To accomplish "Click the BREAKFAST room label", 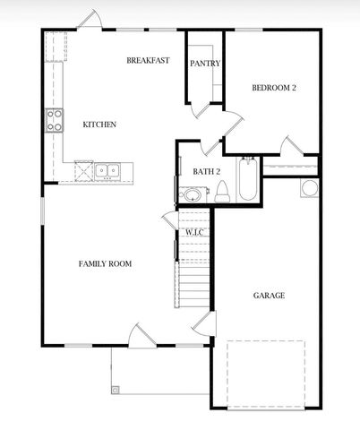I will pos(148,61).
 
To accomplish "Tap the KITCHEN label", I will pos(99,125).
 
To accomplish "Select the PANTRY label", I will pos(205,64).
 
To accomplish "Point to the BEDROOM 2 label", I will pos(273,87).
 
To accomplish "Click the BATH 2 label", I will pos(206,171).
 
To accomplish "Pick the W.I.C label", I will pos(195,233).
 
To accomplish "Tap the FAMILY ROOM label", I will pos(105,263).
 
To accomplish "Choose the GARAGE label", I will pos(269,295).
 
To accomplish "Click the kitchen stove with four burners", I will pos(54,120).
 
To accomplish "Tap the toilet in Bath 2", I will pos(221,191).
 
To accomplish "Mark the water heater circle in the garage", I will pos(309,187).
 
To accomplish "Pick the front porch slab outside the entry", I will pos(158,369).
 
